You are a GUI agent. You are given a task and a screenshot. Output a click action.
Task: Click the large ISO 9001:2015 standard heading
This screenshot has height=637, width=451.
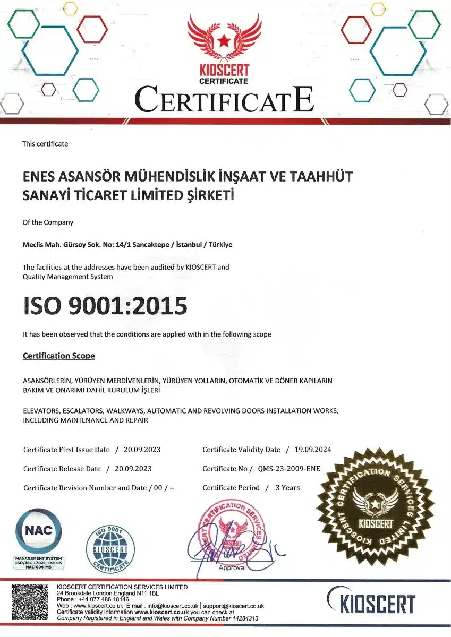(x=105, y=306)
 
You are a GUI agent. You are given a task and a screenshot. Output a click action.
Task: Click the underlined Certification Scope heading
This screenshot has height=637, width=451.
(x=59, y=356)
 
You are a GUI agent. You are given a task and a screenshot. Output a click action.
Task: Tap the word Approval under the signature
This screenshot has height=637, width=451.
(x=232, y=568)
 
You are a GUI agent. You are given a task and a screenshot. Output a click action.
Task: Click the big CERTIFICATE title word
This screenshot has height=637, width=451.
(x=224, y=100)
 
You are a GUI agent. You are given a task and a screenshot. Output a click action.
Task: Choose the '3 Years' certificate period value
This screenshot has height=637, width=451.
(x=287, y=488)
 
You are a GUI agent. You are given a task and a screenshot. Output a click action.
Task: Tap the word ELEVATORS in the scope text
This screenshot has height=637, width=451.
(x=41, y=411)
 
